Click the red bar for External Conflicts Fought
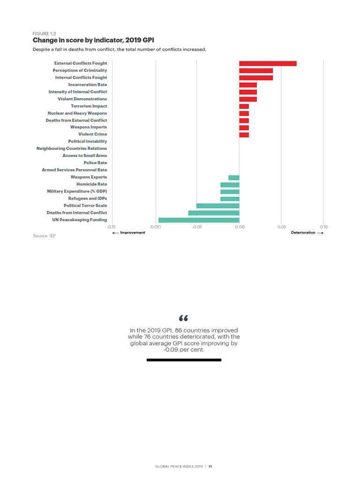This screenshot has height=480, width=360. point(268,63)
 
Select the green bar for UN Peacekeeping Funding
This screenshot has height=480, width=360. point(199,220)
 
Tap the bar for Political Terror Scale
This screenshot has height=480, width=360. point(217,206)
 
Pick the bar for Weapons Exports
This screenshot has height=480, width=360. point(233,177)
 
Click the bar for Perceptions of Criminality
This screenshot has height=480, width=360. point(256,70)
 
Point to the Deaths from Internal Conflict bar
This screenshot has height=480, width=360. point(214,213)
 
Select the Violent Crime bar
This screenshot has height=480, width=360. point(244,135)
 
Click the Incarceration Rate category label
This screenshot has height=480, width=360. point(88,85)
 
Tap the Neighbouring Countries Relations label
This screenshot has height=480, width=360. point(72,149)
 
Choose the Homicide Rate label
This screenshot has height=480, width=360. point(92,184)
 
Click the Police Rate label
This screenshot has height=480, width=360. point(95,163)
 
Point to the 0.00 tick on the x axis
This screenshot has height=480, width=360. point(239,226)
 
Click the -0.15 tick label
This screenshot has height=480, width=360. point(112,226)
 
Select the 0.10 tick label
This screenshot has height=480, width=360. point(323,226)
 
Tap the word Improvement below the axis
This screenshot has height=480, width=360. point(133,232)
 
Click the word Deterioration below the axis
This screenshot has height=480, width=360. point(303,232)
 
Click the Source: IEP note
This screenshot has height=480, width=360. point(44,236)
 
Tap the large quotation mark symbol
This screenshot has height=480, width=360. point(183,319)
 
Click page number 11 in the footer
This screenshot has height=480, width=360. point(210,466)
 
